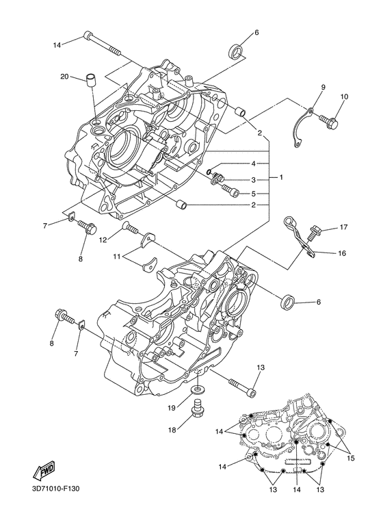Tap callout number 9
point(323,87)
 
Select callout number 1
point(281,177)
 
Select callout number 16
point(341,253)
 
